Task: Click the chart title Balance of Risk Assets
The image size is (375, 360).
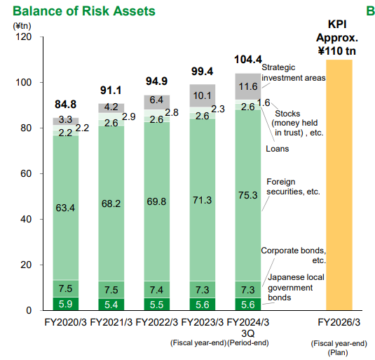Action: [x=78, y=11]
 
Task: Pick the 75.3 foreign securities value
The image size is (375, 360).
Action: [x=247, y=195]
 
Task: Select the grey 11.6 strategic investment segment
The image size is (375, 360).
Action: [x=247, y=87]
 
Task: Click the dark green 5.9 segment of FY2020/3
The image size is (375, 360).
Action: [x=66, y=304]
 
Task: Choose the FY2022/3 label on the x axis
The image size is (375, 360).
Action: [x=157, y=323]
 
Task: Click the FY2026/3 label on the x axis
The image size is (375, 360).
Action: [x=339, y=323]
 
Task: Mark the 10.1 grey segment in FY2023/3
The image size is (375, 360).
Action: [x=202, y=95]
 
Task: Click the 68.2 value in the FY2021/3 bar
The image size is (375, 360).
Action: [x=111, y=204]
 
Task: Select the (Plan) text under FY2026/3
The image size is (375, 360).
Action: [x=339, y=352]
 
